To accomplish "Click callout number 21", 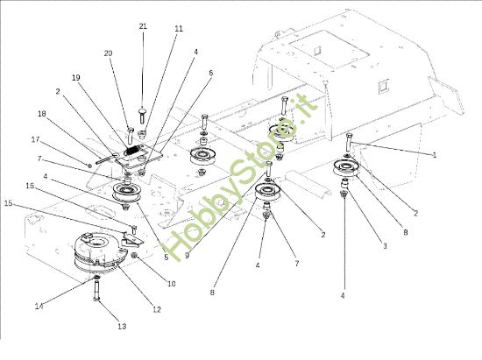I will coord(143,27).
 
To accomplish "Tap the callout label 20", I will coord(109,53).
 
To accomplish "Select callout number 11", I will coord(179,29).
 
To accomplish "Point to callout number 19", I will coord(75,77).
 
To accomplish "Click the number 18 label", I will coord(41,113).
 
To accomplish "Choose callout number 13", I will coord(122,326).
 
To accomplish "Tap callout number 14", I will coord(38,306).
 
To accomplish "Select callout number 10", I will coord(172,283).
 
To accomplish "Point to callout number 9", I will coord(187,256).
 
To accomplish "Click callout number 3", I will coord(383,248).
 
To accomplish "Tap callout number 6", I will coord(210,73).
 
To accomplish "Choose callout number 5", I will coord(166,258).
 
